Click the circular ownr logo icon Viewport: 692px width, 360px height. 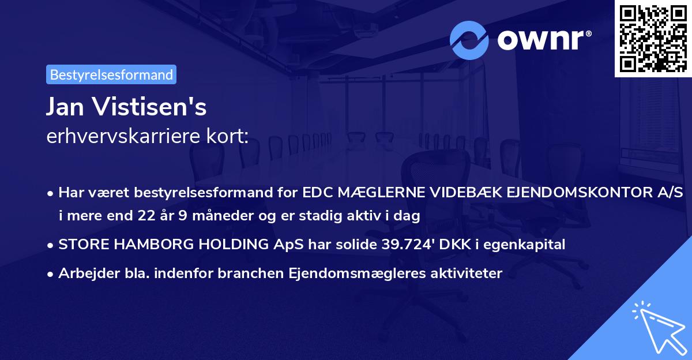click(x=469, y=40)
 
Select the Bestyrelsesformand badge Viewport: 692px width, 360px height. click(x=111, y=74)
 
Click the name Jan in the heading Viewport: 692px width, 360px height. click(x=65, y=107)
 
